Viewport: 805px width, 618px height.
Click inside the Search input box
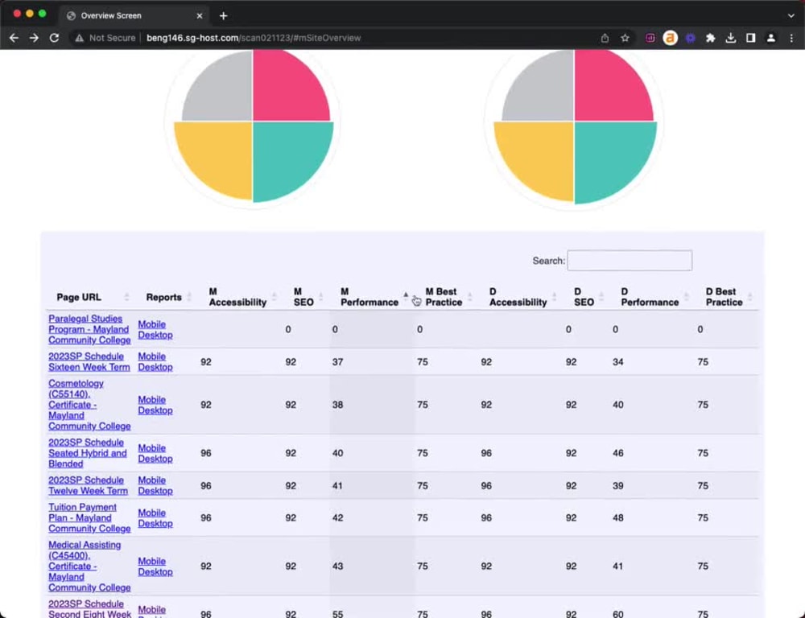pos(630,261)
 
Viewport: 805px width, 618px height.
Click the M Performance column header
pos(369,297)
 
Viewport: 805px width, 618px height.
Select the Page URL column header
pos(79,297)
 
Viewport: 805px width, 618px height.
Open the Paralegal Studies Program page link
pos(89,330)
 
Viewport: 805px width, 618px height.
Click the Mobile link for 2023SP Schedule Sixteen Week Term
pos(151,356)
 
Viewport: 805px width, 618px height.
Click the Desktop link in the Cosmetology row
pos(155,410)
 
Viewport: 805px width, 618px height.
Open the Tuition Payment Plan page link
pos(89,518)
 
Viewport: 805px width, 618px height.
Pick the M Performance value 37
pos(337,362)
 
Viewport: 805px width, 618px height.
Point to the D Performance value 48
pos(617,518)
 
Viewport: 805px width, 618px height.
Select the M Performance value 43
pos(337,566)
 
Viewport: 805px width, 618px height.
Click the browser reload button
pos(54,38)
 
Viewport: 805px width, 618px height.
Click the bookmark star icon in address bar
pos(625,38)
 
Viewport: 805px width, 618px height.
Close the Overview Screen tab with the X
pos(200,15)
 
